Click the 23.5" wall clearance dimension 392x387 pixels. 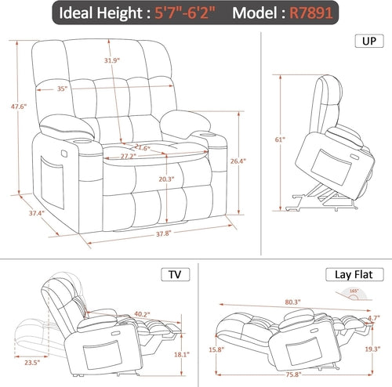coord(32,363)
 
